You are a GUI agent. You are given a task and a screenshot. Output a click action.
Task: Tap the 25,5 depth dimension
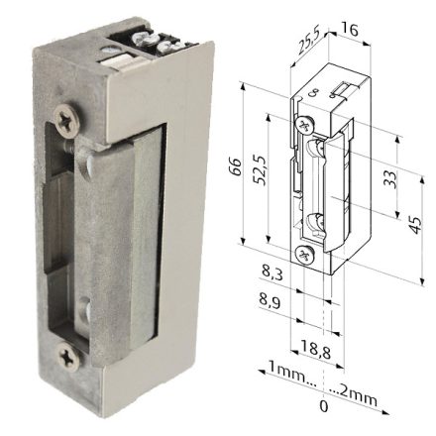308,45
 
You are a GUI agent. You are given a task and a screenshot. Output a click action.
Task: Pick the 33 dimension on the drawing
390,178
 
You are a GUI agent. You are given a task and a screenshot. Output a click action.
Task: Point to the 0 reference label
323,405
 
